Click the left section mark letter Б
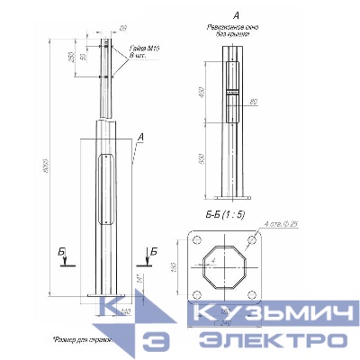[62, 249]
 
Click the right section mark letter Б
[154, 249]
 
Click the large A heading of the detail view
[235, 15]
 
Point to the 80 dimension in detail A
[255, 102]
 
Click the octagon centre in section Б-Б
[225, 266]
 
